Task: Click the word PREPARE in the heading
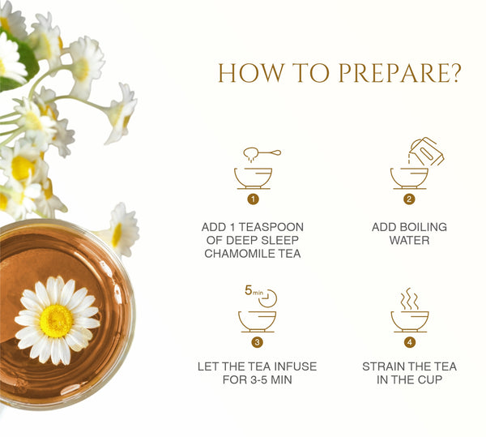pyautogui.click(x=399, y=73)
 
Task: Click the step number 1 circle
pyautogui.click(x=253, y=199)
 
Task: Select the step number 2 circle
pyautogui.click(x=409, y=199)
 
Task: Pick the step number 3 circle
pyautogui.click(x=257, y=342)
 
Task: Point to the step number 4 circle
pyautogui.click(x=410, y=342)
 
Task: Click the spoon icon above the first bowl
pyautogui.click(x=262, y=153)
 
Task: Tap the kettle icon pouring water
pyautogui.click(x=426, y=152)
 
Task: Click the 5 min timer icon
pyautogui.click(x=261, y=296)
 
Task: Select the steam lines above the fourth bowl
pyautogui.click(x=409, y=298)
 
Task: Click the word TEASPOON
pyautogui.click(x=271, y=227)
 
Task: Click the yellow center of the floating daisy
pyautogui.click(x=57, y=321)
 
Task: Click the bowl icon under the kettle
pyautogui.click(x=409, y=178)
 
